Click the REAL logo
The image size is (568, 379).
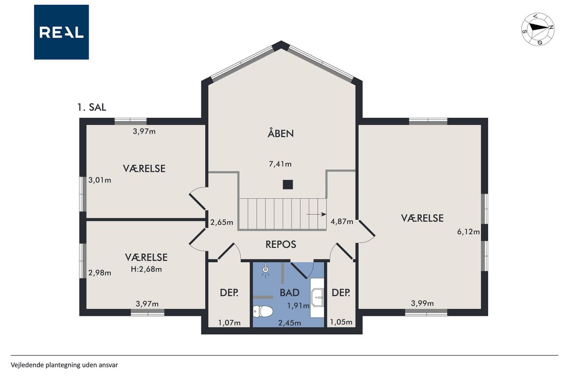pos(61,32)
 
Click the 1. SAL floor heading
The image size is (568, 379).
pos(91,108)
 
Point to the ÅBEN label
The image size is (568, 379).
pos(281,133)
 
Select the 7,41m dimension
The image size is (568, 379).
pos(280,164)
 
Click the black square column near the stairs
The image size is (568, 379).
pos(288,184)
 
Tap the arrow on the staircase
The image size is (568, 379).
pos(316,215)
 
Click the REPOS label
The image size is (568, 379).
pos(281,244)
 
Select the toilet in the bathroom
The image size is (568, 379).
pos(263,311)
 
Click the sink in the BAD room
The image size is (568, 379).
pos(317,297)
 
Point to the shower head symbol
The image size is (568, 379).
pos(265,270)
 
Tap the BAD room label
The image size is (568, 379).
pos(290,293)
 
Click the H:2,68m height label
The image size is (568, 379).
pos(146,269)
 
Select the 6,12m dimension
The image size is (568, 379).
pos(468,232)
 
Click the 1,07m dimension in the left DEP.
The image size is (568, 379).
pos(229,323)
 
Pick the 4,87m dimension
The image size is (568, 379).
pos(342,222)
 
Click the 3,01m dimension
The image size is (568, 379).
pos(100,180)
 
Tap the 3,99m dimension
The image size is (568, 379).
pos(422,303)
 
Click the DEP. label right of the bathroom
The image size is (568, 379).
pos(341,293)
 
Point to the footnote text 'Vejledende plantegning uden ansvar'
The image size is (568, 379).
pos(64,365)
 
